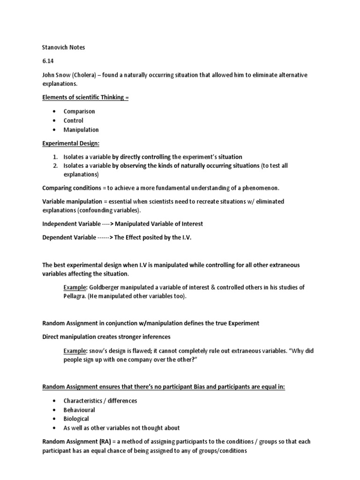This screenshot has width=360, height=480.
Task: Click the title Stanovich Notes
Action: click(63, 48)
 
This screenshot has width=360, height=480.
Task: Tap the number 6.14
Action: click(48, 61)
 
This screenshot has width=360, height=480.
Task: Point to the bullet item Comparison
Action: click(79, 112)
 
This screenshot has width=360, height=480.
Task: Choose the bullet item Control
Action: click(74, 120)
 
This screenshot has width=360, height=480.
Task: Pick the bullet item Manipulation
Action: click(81, 130)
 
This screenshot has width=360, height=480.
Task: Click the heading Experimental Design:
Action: click(71, 143)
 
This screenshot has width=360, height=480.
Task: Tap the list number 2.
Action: click(55, 165)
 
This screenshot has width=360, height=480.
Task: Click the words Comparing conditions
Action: click(70, 188)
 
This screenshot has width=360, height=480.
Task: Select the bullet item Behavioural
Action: click(79, 410)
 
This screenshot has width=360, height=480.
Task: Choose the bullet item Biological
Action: click(76, 419)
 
